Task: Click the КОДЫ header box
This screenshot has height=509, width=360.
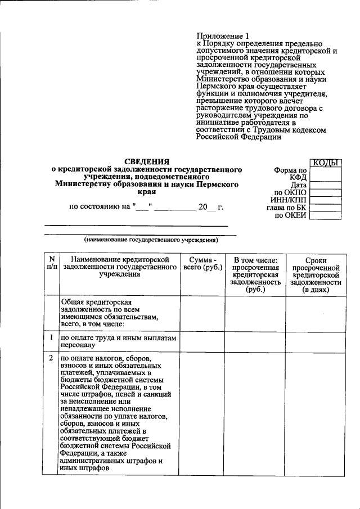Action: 326,163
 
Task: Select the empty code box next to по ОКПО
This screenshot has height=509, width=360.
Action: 326,192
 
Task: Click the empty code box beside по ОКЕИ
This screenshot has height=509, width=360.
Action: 326,214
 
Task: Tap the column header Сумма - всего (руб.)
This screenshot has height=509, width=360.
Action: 201,264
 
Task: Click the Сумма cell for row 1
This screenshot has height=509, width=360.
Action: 201,341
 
